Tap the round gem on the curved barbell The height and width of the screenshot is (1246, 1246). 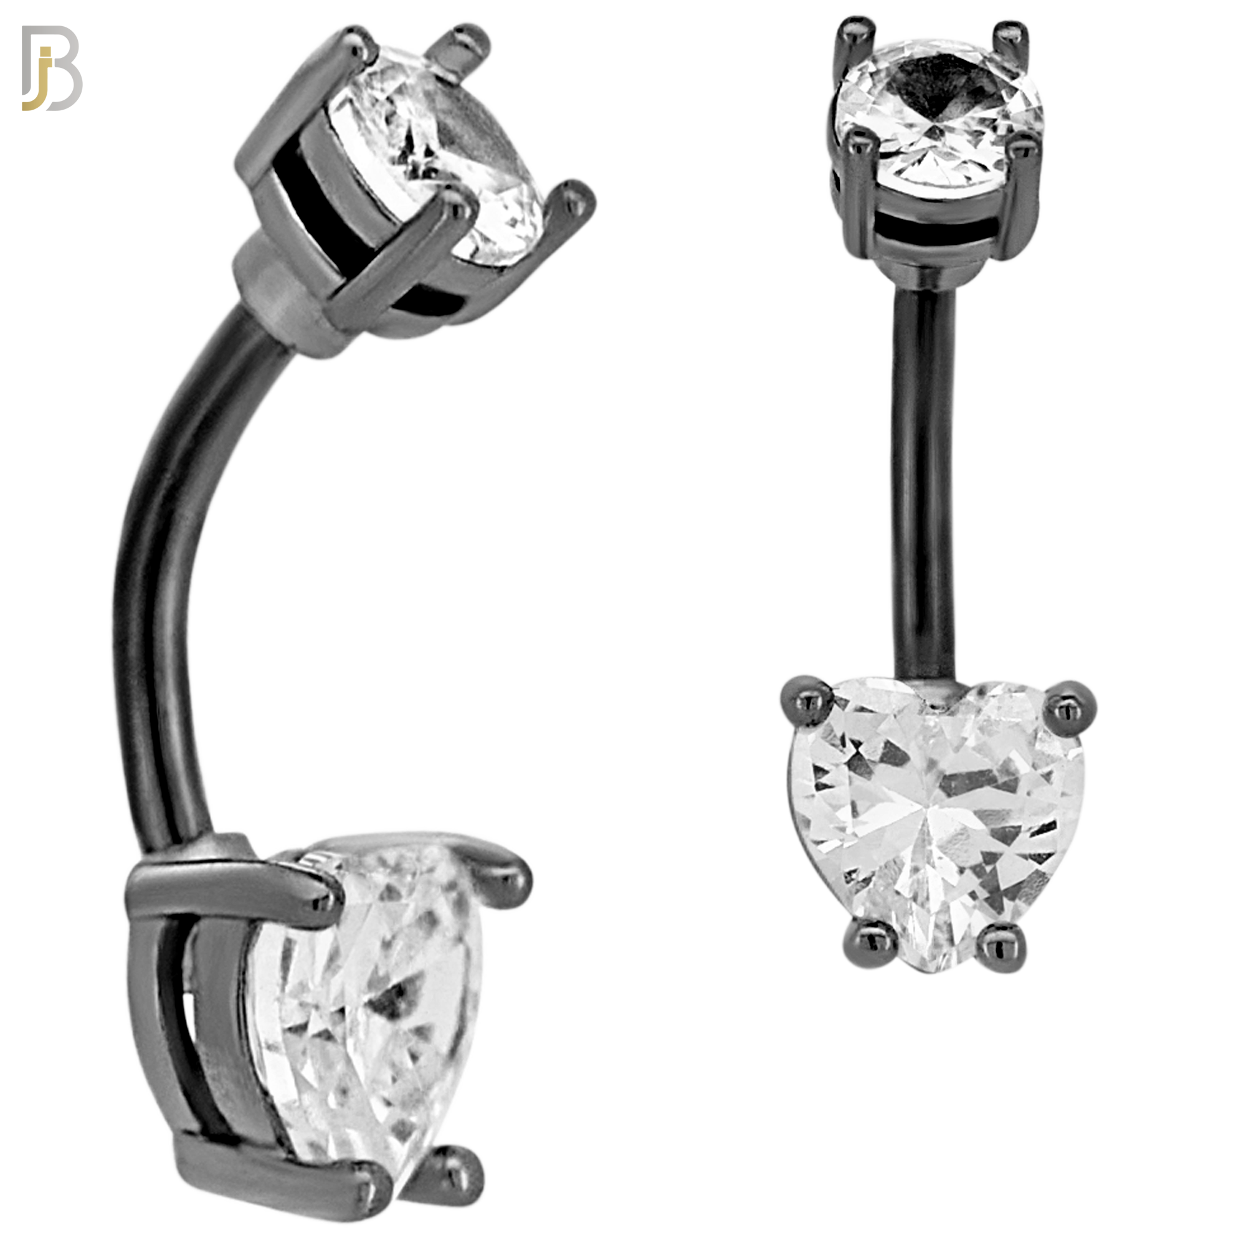pos(439,161)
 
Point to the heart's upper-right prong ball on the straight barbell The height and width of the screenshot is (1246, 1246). pos(1067,706)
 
